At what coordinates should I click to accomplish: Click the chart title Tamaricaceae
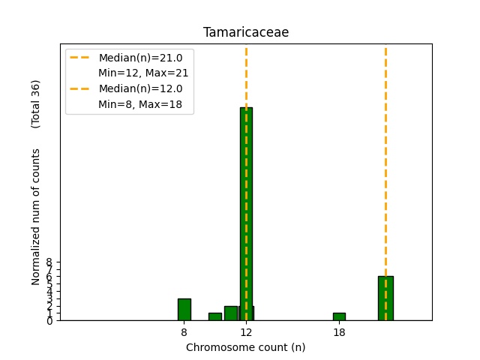[x=245, y=33]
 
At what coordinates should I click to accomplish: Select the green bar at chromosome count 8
[x=184, y=309]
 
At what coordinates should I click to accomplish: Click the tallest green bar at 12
[x=246, y=214]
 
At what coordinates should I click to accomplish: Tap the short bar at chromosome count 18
[x=339, y=316]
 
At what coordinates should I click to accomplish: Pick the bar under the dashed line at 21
[x=385, y=298]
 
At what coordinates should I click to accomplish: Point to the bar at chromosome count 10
[x=215, y=316]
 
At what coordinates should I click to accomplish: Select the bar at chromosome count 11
[x=230, y=313]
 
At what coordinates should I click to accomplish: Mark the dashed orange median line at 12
[x=246, y=75]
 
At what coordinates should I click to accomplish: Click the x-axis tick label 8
[x=184, y=331]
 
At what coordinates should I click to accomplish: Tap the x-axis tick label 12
[x=246, y=331]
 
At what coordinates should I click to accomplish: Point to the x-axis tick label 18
[x=339, y=331]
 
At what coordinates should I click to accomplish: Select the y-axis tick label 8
[x=49, y=262]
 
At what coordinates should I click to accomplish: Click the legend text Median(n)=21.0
[x=140, y=58]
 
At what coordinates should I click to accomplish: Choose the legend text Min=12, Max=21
[x=143, y=73]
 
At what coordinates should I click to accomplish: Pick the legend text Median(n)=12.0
[x=140, y=88]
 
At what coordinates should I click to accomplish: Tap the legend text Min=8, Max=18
[x=140, y=103]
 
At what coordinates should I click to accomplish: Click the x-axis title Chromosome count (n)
[x=245, y=347]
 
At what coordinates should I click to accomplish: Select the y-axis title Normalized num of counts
[x=36, y=217]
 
